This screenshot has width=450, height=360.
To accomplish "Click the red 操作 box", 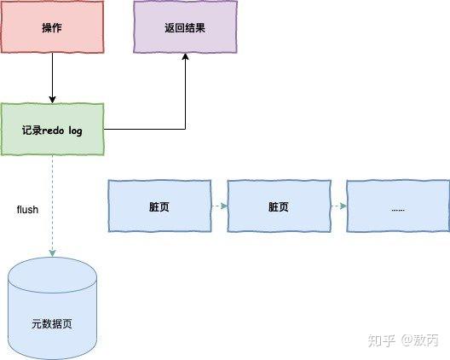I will [52, 28].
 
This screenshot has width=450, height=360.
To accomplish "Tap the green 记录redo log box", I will [52, 130].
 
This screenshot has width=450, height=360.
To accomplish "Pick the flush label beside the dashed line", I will [27, 209].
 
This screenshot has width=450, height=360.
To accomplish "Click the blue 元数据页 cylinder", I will [52, 311].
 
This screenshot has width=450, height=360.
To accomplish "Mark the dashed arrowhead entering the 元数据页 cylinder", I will [52, 254].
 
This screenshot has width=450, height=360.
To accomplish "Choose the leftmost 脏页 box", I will [159, 206].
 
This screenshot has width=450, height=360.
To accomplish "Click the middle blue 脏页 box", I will [279, 206].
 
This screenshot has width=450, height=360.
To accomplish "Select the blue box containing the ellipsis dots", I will [397, 206].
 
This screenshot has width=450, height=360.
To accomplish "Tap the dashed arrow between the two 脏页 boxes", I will [218, 206].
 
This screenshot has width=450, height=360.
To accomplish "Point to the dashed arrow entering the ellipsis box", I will [337, 206].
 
